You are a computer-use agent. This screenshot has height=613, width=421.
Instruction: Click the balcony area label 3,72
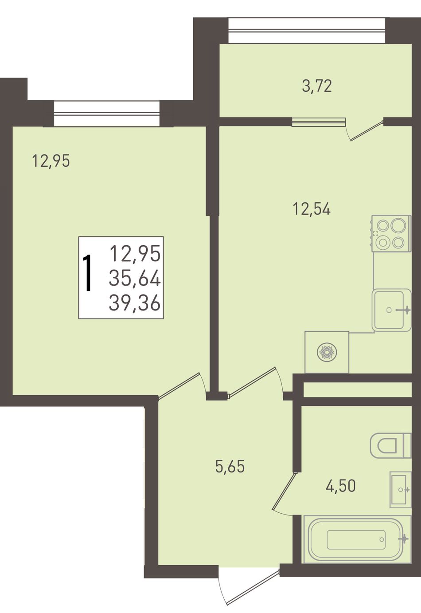pos(317,86)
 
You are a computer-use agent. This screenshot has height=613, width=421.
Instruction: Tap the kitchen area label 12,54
pos(312,209)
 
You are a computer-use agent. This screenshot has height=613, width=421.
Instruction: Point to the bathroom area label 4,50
pos(340,486)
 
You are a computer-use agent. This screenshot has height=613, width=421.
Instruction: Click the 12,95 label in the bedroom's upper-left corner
pos(51,161)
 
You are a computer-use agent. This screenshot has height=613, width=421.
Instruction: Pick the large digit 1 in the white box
pos(88,272)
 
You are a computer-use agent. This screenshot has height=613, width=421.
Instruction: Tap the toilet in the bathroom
pos(391,445)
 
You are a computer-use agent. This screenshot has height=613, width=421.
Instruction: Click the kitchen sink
pos(391,310)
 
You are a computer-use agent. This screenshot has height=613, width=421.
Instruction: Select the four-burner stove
pos(391,233)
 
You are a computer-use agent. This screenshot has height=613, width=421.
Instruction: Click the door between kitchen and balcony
pos(365,130)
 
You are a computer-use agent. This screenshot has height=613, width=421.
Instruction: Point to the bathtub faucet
pos(404,538)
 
